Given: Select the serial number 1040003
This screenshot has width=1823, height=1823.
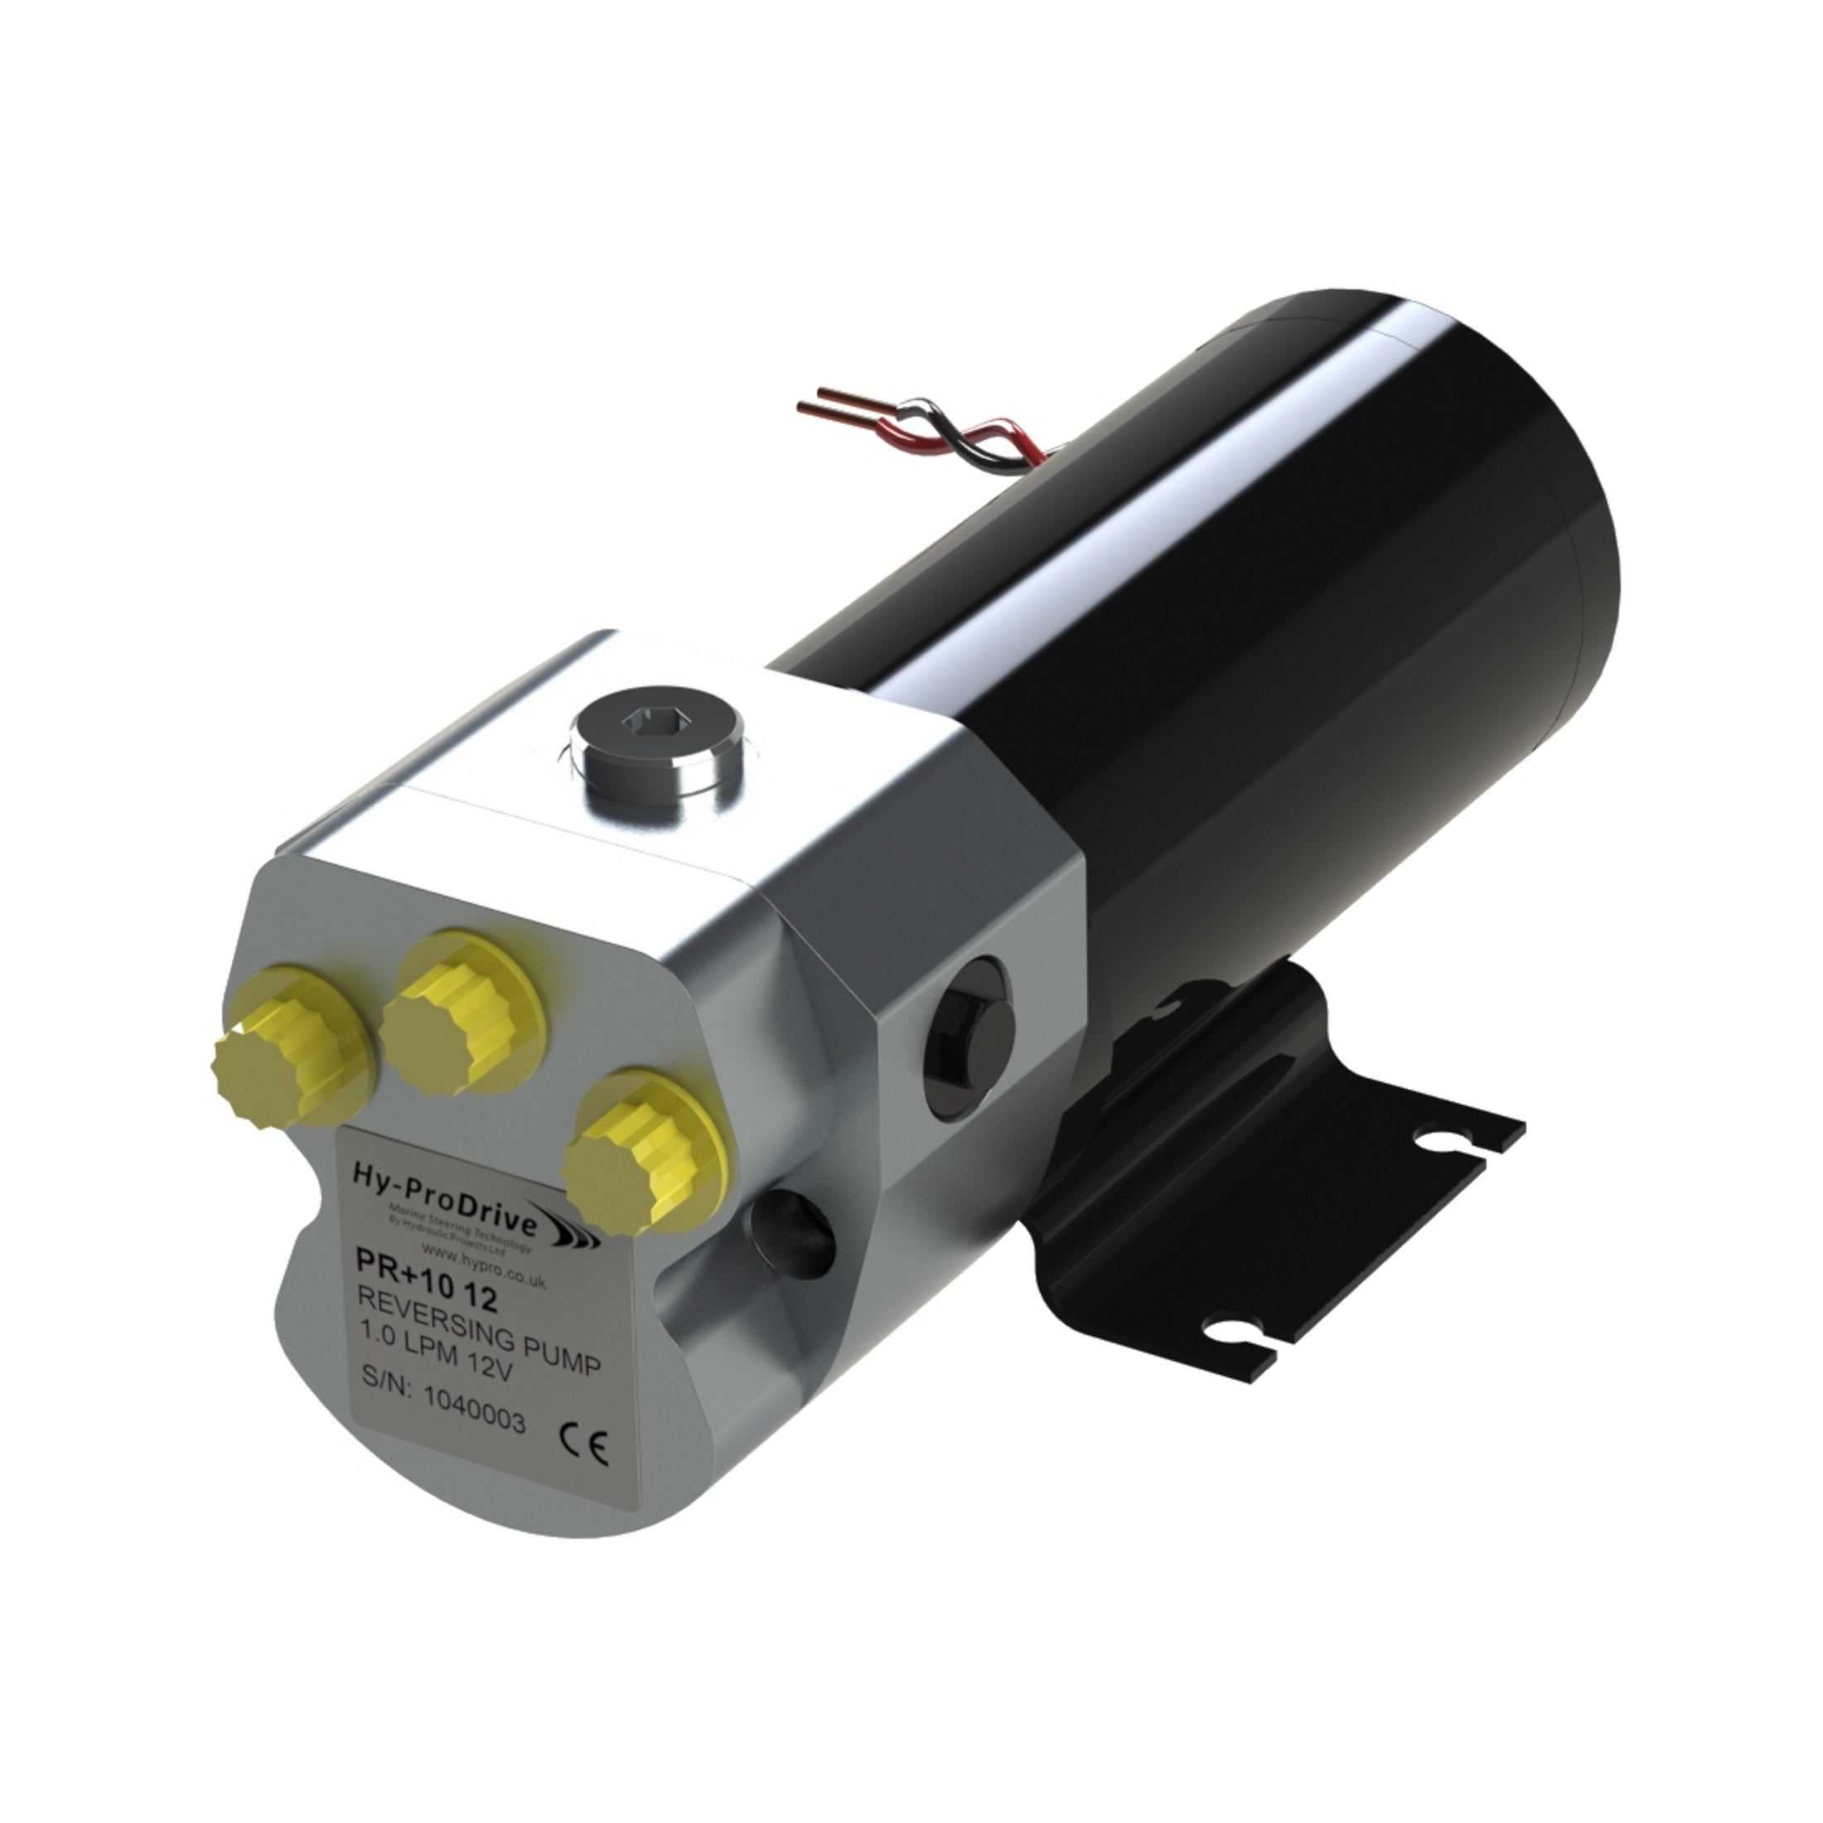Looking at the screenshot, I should (x=475, y=1416).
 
